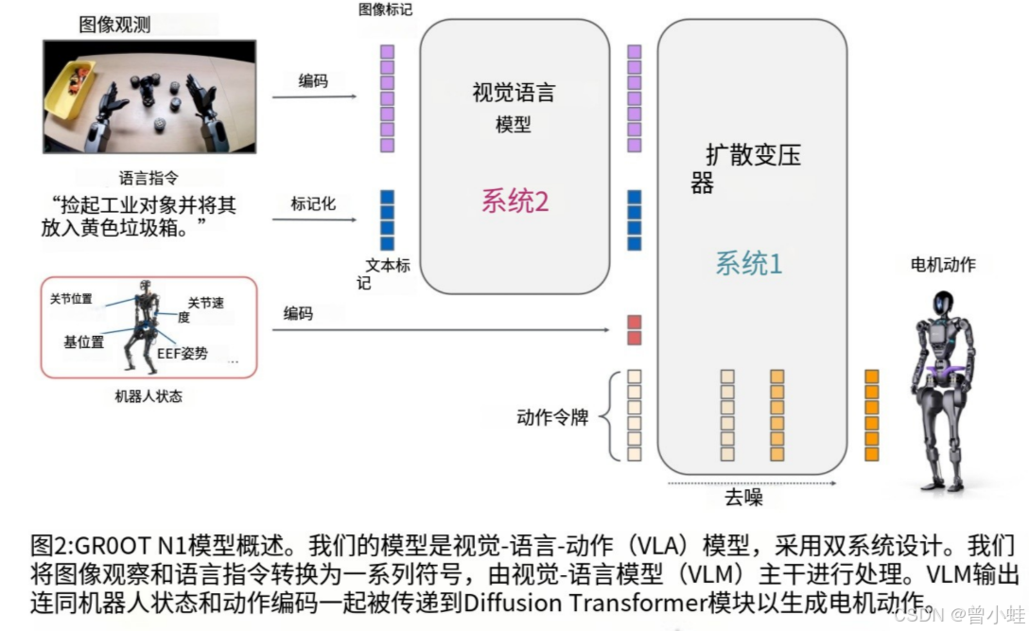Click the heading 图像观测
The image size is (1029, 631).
114,25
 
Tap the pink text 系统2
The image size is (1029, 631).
514,201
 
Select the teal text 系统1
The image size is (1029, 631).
748,263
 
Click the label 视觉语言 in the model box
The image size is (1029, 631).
514,93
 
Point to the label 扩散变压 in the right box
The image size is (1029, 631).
753,155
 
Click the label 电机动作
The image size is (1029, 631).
942,265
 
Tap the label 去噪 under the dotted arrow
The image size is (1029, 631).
743,498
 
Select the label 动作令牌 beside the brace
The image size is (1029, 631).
552,417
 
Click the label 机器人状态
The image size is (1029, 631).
148,396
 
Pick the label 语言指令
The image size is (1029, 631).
148,177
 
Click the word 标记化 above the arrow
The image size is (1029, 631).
312,203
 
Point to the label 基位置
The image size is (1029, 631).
84,342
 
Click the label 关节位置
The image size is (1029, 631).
71,299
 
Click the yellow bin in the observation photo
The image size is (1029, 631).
69,89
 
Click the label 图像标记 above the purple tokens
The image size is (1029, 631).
385,9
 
